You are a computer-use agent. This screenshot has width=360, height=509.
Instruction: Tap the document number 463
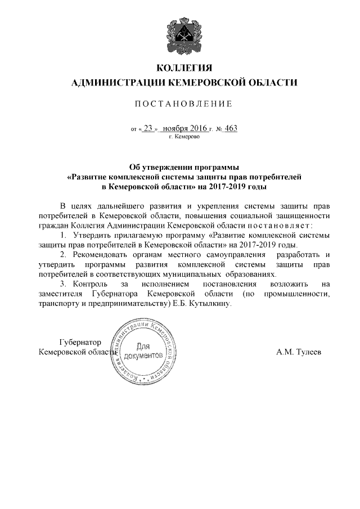[x=231, y=128]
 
